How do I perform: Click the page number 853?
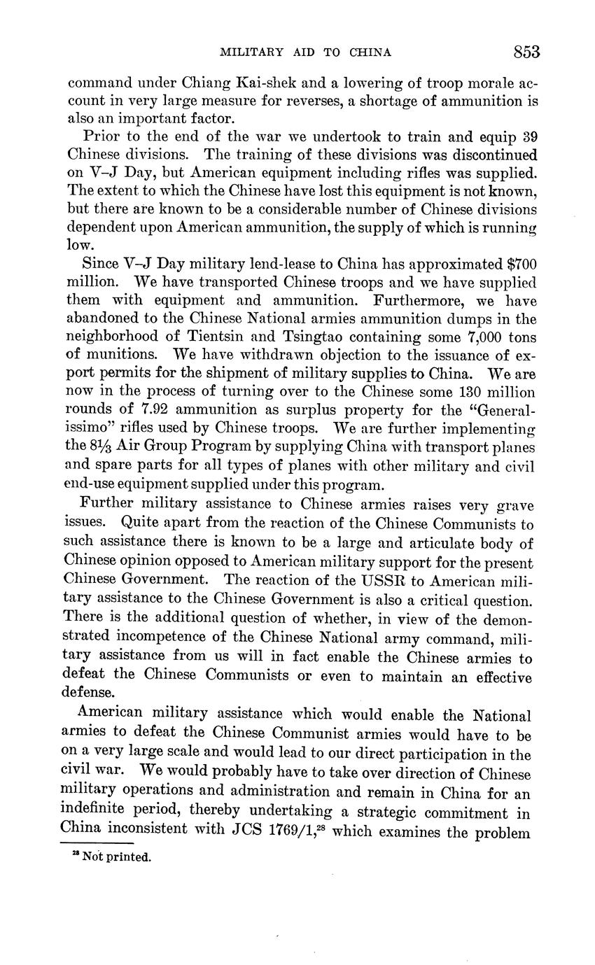[x=526, y=52]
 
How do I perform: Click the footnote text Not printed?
[x=116, y=857]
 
